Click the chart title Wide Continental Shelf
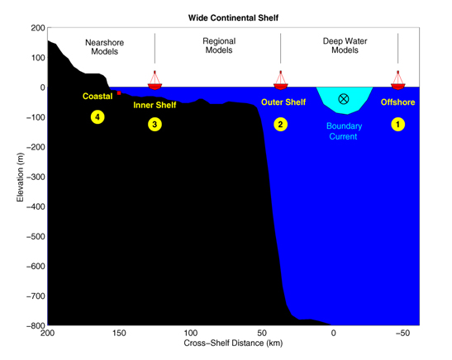coord(233,18)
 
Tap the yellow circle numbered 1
coord(397,125)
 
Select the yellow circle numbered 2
coord(280,125)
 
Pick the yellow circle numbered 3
coord(155,125)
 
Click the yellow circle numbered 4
coord(98,117)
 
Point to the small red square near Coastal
coord(119,92)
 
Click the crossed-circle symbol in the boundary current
coord(343,99)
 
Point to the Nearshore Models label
coord(105,47)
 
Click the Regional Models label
coord(219,45)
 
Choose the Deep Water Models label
coord(345,45)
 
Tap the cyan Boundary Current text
coord(344,131)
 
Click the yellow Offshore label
coord(397,102)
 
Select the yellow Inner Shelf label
coord(155,105)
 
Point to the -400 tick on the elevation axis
coord(36,206)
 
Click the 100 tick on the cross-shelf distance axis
coord(191,334)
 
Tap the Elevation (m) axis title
coord(20,178)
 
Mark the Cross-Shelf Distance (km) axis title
coord(233,343)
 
